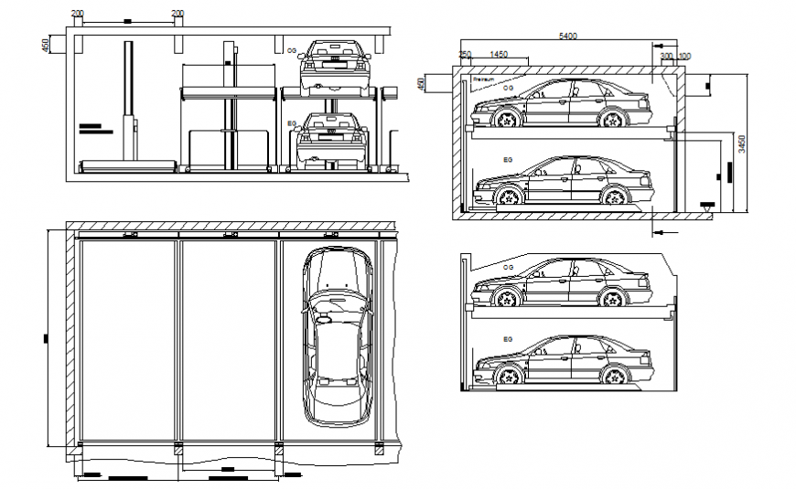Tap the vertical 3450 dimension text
click(743, 144)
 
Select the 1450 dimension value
click(499, 56)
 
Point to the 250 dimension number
click(465, 56)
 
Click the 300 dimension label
click(666, 56)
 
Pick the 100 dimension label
click(685, 56)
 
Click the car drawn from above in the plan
click(338, 336)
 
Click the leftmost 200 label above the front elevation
click(77, 14)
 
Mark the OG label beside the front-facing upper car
click(292, 51)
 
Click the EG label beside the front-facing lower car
click(292, 122)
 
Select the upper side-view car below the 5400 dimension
click(561, 103)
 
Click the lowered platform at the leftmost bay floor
click(128, 165)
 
